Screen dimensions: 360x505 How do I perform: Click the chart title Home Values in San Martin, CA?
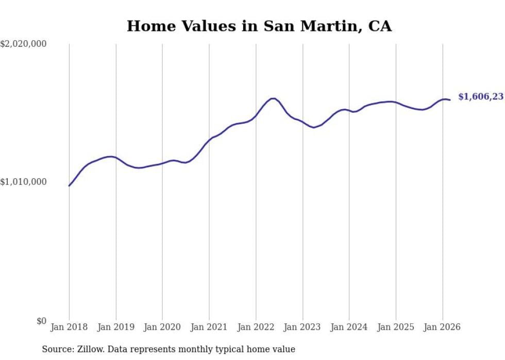259,26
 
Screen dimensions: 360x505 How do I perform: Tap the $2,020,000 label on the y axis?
24,44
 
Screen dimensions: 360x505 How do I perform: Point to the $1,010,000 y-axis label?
24,182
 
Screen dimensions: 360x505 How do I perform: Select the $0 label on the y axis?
41,321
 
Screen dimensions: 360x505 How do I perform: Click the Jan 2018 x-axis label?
69,327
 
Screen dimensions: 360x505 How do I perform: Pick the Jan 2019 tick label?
116,327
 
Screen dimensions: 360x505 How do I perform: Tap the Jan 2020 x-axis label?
162,327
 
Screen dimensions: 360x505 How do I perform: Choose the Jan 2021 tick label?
209,327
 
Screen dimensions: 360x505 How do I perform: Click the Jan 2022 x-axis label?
256,327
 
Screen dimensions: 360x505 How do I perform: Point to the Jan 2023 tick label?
302,327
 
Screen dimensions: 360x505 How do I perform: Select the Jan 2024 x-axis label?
349,327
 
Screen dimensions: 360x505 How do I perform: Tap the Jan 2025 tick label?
396,327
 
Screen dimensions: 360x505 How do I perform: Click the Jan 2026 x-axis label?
442,327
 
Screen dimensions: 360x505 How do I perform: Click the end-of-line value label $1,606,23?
480,97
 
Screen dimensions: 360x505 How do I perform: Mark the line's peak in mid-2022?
273,98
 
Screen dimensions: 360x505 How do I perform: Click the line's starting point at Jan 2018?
69,185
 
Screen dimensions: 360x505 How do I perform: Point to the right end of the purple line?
450,100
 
